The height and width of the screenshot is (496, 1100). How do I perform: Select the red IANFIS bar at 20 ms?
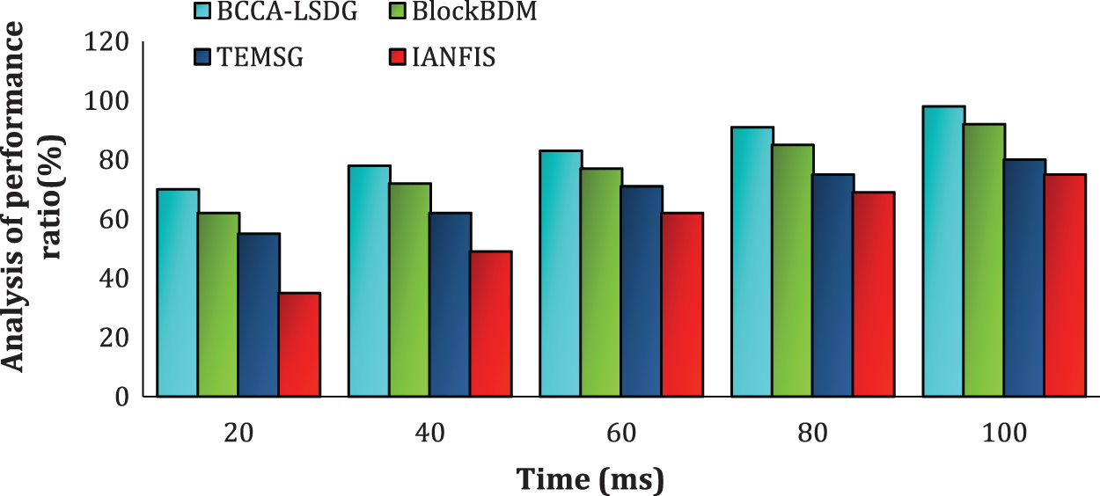(299, 345)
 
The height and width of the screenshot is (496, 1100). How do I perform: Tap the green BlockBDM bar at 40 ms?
(410, 290)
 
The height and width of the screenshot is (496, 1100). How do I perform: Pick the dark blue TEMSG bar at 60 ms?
(642, 291)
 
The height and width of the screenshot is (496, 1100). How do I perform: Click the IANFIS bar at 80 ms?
(874, 295)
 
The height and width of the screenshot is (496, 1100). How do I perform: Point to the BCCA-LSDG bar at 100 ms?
(943, 252)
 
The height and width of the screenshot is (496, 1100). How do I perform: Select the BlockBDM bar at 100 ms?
(984, 260)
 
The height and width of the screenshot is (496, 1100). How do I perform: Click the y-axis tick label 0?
(123, 397)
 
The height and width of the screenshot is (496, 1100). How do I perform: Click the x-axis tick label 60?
(621, 433)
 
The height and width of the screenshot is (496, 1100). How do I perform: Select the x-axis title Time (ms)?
(590, 479)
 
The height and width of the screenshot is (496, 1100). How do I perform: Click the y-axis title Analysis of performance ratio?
(35, 220)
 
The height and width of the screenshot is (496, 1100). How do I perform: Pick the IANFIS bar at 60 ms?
(683, 304)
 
